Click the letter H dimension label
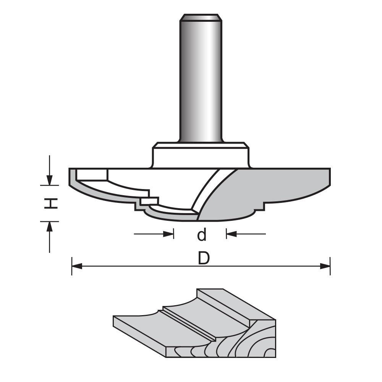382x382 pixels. click(x=50, y=203)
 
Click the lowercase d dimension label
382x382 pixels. click(x=201, y=235)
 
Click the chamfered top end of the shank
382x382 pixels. click(x=201, y=17)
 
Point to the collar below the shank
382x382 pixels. click(x=201, y=155)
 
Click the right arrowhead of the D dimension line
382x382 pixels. click(x=325, y=266)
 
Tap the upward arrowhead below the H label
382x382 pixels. click(x=49, y=226)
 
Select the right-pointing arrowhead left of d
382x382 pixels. click(x=168, y=234)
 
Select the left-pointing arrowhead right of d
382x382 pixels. click(x=231, y=234)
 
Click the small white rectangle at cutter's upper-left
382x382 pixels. click(x=91, y=175)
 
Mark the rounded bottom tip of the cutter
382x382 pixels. click(x=199, y=219)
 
